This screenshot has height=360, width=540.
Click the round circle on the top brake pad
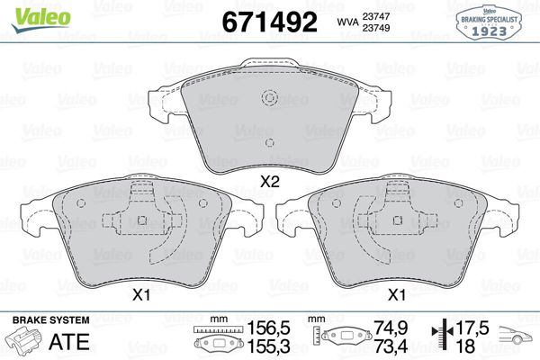(x=268, y=100)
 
